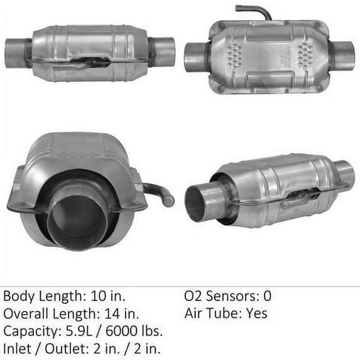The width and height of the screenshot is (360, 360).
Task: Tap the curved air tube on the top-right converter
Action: tap(254, 11)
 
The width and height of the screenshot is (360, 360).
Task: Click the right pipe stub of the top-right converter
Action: tap(342, 55)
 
